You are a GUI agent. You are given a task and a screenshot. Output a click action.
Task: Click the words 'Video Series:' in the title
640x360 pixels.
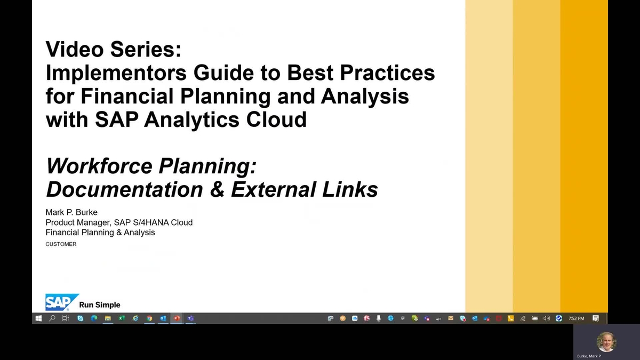pyautogui.click(x=114, y=49)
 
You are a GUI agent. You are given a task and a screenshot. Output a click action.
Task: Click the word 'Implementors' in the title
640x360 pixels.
pyautogui.click(x=116, y=73)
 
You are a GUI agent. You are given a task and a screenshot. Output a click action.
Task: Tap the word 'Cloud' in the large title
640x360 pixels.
pyautogui.click(x=276, y=119)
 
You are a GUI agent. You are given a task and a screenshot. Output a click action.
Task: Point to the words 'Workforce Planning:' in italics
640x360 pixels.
pyautogui.click(x=151, y=166)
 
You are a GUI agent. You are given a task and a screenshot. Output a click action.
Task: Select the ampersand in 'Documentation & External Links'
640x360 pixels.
pyautogui.click(x=217, y=190)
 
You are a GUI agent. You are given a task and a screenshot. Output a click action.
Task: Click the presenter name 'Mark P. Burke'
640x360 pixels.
pyautogui.click(x=71, y=212)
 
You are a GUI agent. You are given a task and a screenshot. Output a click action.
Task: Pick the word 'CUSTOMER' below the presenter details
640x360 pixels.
pyautogui.click(x=61, y=244)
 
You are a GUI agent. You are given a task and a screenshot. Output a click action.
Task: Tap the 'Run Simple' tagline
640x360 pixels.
pyautogui.click(x=100, y=305)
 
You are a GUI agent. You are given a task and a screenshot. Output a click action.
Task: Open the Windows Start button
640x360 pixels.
pyautogui.click(x=38, y=318)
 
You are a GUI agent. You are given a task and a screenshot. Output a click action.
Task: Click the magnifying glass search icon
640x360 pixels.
pyautogui.click(x=52, y=318)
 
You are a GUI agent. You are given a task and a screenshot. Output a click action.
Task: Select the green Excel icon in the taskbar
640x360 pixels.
pyautogui.click(x=122, y=318)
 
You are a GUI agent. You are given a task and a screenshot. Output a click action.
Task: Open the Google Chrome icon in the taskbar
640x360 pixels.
pyautogui.click(x=149, y=318)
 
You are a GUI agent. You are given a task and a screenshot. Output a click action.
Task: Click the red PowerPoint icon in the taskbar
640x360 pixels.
pyautogui.click(x=177, y=318)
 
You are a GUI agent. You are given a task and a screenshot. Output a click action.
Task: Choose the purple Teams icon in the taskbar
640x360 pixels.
pyautogui.click(x=190, y=318)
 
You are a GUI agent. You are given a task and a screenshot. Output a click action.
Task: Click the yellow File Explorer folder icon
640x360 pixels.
pyautogui.click(x=108, y=318)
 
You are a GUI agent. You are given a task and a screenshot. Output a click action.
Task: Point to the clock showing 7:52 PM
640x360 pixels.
pyautogui.click(x=577, y=318)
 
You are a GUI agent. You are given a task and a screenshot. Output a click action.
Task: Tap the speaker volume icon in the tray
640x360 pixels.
pyautogui.click(x=547, y=318)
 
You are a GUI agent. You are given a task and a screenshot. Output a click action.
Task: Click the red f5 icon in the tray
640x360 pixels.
pyautogui.click(x=366, y=318)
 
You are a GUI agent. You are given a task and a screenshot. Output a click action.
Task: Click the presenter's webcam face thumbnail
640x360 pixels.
pyautogui.click(x=606, y=342)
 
